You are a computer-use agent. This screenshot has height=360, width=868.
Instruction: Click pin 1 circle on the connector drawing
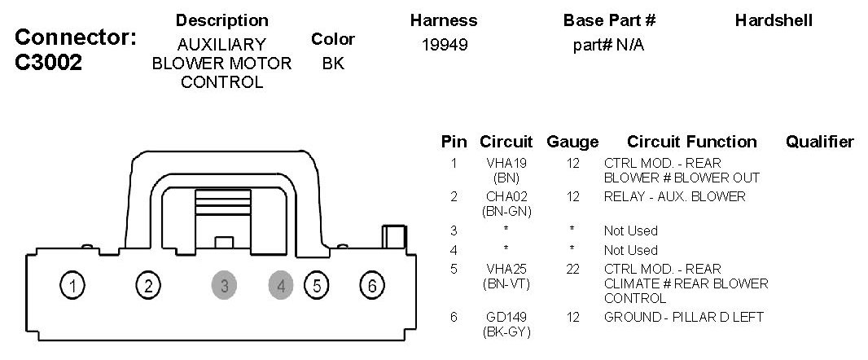pyautogui.click(x=73, y=286)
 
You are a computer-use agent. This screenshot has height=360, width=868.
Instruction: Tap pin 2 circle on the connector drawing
pyautogui.click(x=147, y=286)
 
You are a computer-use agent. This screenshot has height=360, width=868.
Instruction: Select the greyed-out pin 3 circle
pyautogui.click(x=224, y=286)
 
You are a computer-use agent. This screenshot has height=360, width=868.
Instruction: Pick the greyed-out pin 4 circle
pyautogui.click(x=281, y=286)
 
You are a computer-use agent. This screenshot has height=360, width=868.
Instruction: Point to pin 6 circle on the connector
pyautogui.click(x=371, y=286)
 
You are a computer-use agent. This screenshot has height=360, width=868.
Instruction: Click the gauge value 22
pyautogui.click(x=572, y=269)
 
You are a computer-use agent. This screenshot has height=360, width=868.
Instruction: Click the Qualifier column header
pyautogui.click(x=819, y=142)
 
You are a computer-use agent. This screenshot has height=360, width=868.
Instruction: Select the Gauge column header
pyautogui.click(x=572, y=142)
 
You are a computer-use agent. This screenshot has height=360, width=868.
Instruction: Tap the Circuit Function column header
pyautogui.click(x=691, y=142)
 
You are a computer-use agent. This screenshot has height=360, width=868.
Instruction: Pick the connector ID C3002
pyautogui.click(x=49, y=64)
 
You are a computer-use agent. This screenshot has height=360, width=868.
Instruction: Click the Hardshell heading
pyautogui.click(x=773, y=20)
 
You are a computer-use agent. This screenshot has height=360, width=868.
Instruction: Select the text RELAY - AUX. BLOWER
pyautogui.click(x=674, y=196)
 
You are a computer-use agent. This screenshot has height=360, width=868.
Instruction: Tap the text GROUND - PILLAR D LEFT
pyautogui.click(x=683, y=317)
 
